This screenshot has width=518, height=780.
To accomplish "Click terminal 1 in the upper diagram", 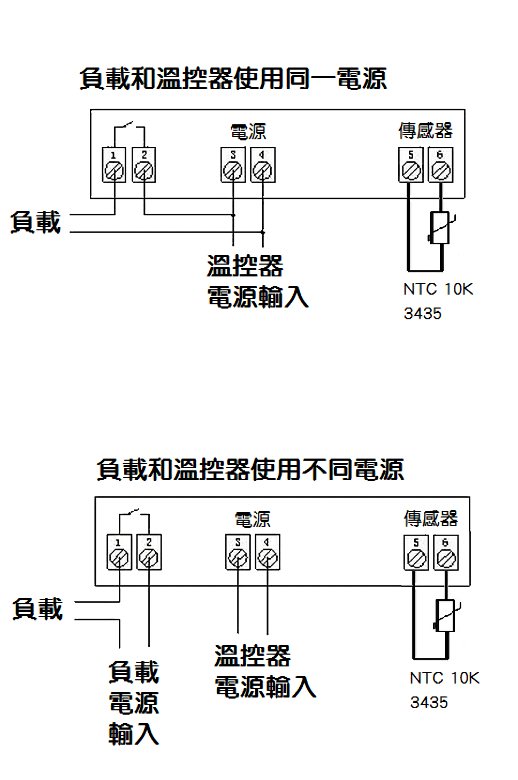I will click(x=114, y=166).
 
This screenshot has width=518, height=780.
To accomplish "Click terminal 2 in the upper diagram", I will click(x=143, y=166).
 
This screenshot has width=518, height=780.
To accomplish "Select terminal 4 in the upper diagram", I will click(x=262, y=166).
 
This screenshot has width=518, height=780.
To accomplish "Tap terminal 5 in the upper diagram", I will click(x=410, y=166).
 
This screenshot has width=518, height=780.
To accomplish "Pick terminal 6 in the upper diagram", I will click(x=440, y=166).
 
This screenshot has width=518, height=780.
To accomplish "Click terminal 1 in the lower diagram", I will click(x=119, y=553).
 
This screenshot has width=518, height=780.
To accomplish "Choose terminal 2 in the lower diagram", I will click(x=149, y=553).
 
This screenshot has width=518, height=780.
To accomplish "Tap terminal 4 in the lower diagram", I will click(x=268, y=553).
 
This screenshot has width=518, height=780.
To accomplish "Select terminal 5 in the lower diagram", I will click(x=416, y=553).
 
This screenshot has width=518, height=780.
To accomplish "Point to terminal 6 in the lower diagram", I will click(x=445, y=553).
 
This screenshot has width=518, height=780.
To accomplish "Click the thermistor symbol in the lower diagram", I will click(x=446, y=616).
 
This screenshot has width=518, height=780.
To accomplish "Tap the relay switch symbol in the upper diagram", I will click(x=128, y=126).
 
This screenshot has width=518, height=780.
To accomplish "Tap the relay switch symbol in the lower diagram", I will click(x=134, y=513).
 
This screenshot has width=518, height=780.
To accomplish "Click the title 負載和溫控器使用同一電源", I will click(x=233, y=79).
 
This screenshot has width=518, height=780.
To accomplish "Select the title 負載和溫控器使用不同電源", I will click(x=250, y=470).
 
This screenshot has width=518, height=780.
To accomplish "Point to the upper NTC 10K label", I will click(x=438, y=289).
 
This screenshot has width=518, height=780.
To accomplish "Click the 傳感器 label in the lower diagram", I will click(x=431, y=519).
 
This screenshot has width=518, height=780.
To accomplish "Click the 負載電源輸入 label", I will click(x=134, y=703).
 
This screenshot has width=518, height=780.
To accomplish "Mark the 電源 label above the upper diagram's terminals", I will click(x=248, y=132).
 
